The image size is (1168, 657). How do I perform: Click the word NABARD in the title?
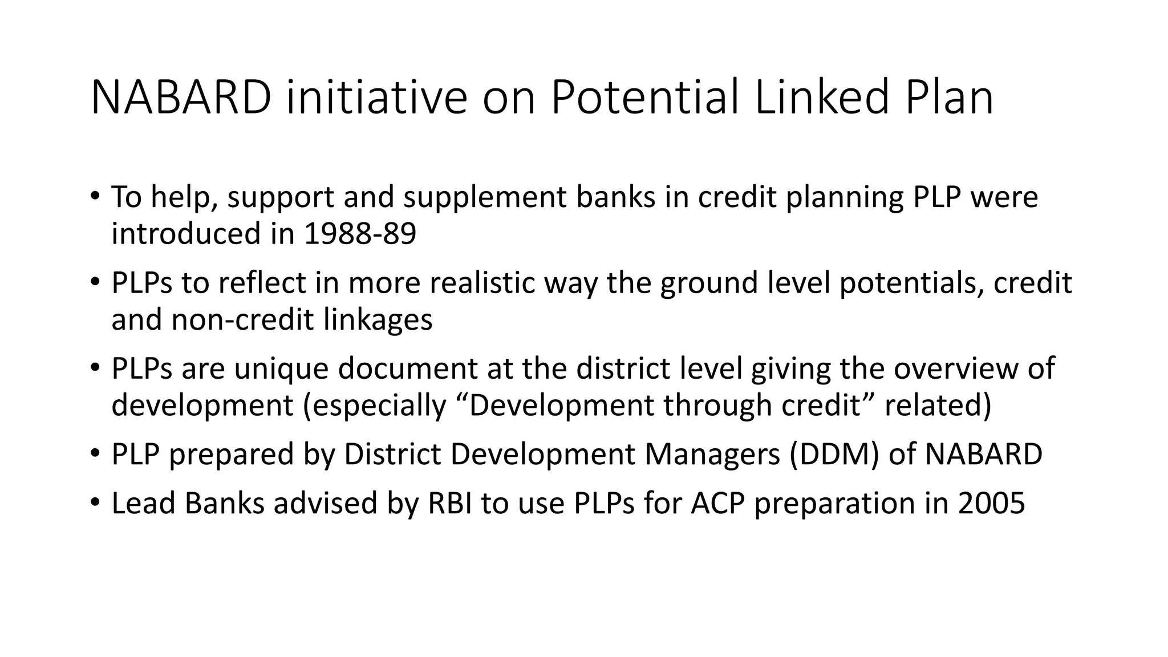(181, 98)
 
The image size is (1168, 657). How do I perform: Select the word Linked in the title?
(822, 98)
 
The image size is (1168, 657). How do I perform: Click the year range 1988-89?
(360, 234)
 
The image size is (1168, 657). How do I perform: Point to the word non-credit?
(242, 319)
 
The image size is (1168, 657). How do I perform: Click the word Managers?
(712, 455)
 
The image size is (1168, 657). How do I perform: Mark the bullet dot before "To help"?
(95, 196)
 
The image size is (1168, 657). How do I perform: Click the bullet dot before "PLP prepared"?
(95, 454)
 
